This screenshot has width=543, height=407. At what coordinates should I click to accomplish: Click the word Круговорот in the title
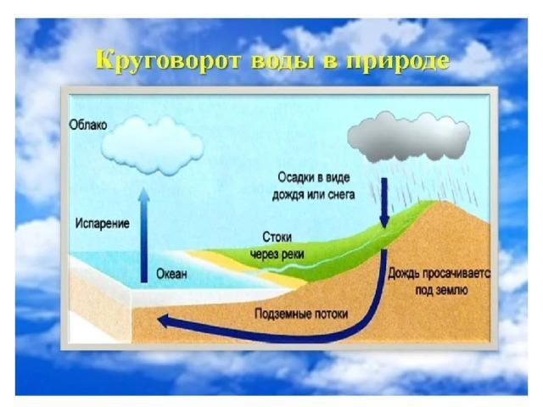tap(168, 62)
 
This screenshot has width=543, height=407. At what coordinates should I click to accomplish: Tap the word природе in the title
tap(398, 62)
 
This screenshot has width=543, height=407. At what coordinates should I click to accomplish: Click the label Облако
tap(88, 125)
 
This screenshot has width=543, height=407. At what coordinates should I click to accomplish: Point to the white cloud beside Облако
tap(153, 145)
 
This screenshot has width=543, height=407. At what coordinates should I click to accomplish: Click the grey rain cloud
tap(409, 137)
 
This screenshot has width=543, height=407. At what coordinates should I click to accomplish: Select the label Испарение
tap(102, 224)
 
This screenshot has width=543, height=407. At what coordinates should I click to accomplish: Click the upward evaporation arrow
tap(143, 236)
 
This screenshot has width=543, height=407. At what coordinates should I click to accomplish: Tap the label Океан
tap(171, 274)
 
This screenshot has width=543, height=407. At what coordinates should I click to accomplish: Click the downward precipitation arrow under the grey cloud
tap(384, 203)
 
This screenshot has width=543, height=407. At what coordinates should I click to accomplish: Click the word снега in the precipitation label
tap(341, 194)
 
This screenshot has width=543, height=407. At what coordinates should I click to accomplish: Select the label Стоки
tap(277, 237)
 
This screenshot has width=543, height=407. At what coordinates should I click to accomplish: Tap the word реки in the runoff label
tap(292, 254)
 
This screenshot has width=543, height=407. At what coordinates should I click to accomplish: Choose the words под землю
tap(442, 290)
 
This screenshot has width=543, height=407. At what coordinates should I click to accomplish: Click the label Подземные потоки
tap(301, 315)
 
